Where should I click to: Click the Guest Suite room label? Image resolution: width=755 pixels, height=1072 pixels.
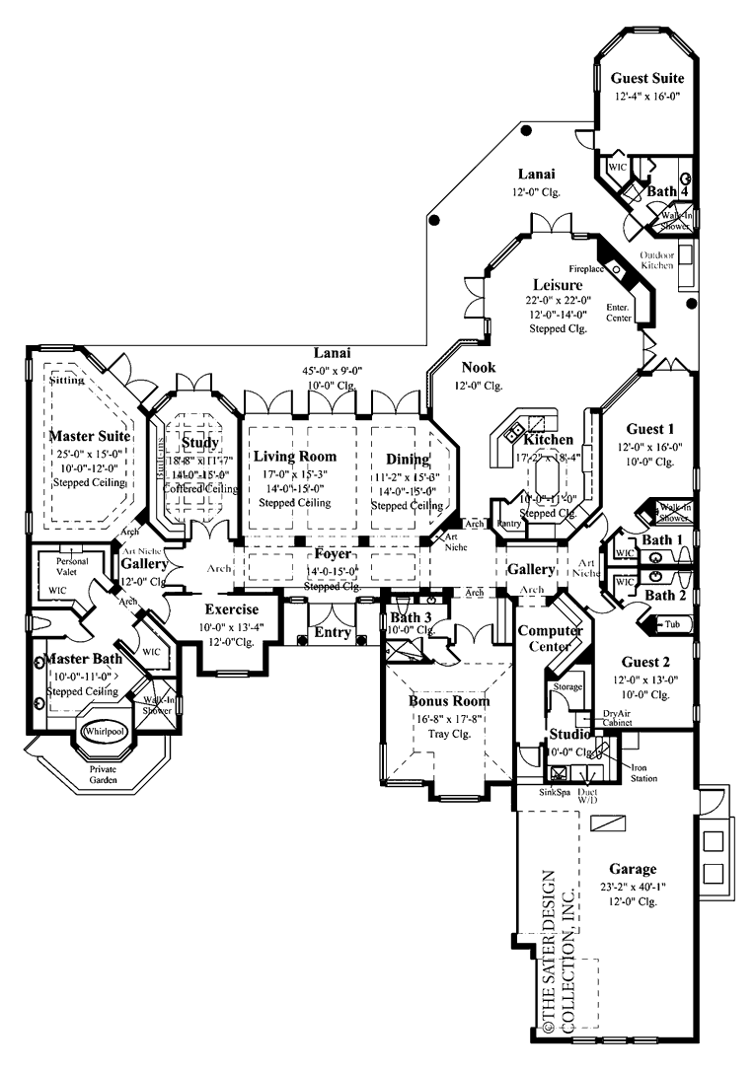click(646, 77)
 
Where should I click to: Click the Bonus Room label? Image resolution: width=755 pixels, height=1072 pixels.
click(449, 701)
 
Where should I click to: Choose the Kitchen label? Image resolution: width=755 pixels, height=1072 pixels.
click(549, 438)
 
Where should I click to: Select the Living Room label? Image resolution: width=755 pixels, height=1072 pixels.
click(294, 457)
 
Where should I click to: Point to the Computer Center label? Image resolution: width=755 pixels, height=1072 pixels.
click(551, 638)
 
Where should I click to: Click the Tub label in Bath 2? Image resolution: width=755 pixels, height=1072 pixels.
click(671, 624)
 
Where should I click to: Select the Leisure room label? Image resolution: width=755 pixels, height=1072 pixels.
click(556, 286)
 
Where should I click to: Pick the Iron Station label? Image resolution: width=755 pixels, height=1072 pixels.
click(643, 772)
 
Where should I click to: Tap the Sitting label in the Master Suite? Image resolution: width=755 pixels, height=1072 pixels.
click(68, 379)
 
